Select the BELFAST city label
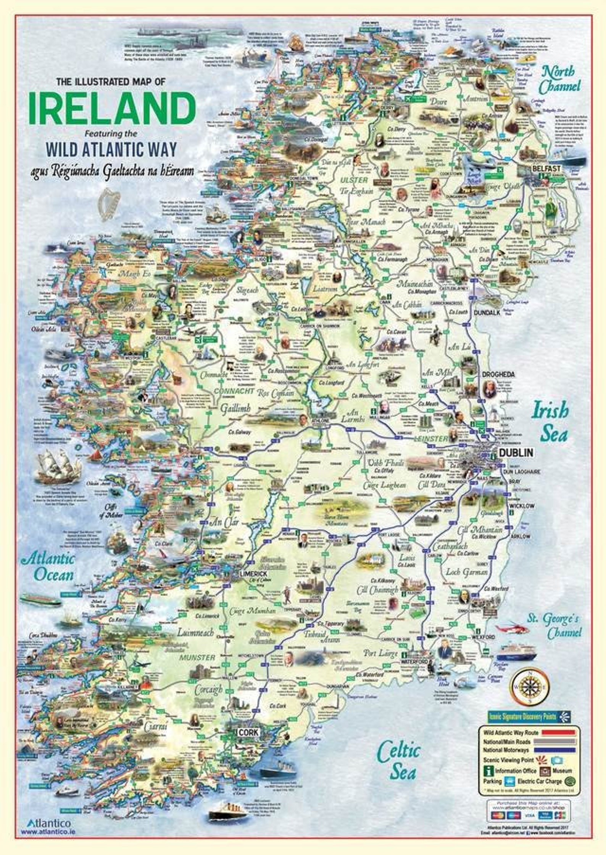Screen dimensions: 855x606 point(547,168)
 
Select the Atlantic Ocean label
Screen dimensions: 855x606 point(48,567)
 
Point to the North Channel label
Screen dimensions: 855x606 point(559,78)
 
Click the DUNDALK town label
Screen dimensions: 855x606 point(487,312)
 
